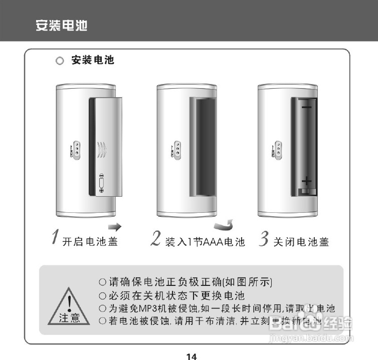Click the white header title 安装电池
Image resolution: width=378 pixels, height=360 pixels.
point(61,25)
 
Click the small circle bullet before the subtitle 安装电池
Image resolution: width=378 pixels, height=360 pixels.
point(60,61)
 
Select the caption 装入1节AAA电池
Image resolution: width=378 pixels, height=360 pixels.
point(205,242)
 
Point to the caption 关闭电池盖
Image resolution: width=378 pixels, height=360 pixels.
point(301,242)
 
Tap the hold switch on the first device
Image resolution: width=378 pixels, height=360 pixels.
point(77,149)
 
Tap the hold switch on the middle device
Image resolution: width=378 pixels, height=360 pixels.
point(177,149)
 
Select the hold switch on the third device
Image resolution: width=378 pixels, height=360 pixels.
point(278,149)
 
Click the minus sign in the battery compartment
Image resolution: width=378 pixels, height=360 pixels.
point(306,107)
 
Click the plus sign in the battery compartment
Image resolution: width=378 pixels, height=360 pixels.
point(307,180)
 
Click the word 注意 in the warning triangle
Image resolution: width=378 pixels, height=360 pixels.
point(69,318)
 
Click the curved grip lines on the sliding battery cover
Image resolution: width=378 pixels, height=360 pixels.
point(102,149)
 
